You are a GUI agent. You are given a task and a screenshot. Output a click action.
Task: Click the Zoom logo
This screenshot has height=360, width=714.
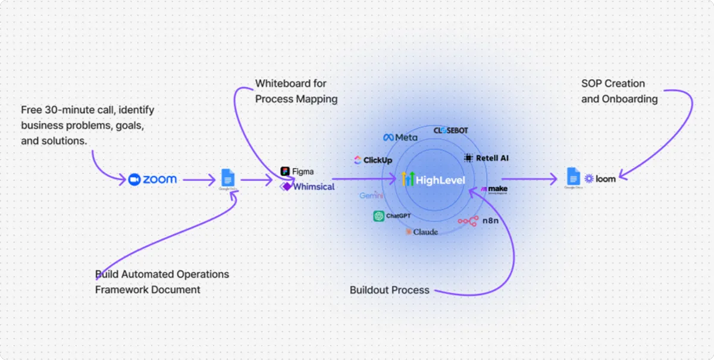[152, 179]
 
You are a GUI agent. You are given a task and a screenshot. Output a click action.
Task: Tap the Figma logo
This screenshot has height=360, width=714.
[297, 171]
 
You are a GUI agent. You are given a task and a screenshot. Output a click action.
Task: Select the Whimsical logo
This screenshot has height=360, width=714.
[308, 186]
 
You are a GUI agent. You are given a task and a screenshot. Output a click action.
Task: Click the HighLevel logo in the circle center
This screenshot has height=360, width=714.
[433, 179]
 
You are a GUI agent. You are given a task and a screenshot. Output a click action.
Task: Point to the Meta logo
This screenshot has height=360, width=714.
[400, 137]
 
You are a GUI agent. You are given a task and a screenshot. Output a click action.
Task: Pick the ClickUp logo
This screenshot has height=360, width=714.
[373, 160]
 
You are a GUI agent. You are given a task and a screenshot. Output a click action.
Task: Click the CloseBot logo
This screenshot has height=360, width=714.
[455, 130]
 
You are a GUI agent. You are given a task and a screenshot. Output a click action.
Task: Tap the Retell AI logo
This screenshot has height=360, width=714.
[487, 158]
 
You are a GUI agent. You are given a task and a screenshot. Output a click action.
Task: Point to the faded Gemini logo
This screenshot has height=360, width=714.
[371, 195]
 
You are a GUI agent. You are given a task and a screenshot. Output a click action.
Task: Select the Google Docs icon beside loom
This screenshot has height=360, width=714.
[573, 177]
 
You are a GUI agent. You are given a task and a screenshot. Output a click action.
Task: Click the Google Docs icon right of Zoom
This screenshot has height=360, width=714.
[228, 178]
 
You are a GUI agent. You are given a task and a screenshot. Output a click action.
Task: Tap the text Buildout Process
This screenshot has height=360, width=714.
[389, 290]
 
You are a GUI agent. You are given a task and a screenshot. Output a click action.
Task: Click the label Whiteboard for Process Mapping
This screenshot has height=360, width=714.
[296, 91]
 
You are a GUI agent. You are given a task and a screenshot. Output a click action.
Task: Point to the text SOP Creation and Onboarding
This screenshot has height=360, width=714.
[619, 91]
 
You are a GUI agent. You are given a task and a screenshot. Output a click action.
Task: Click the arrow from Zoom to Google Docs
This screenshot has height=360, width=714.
[199, 179]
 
